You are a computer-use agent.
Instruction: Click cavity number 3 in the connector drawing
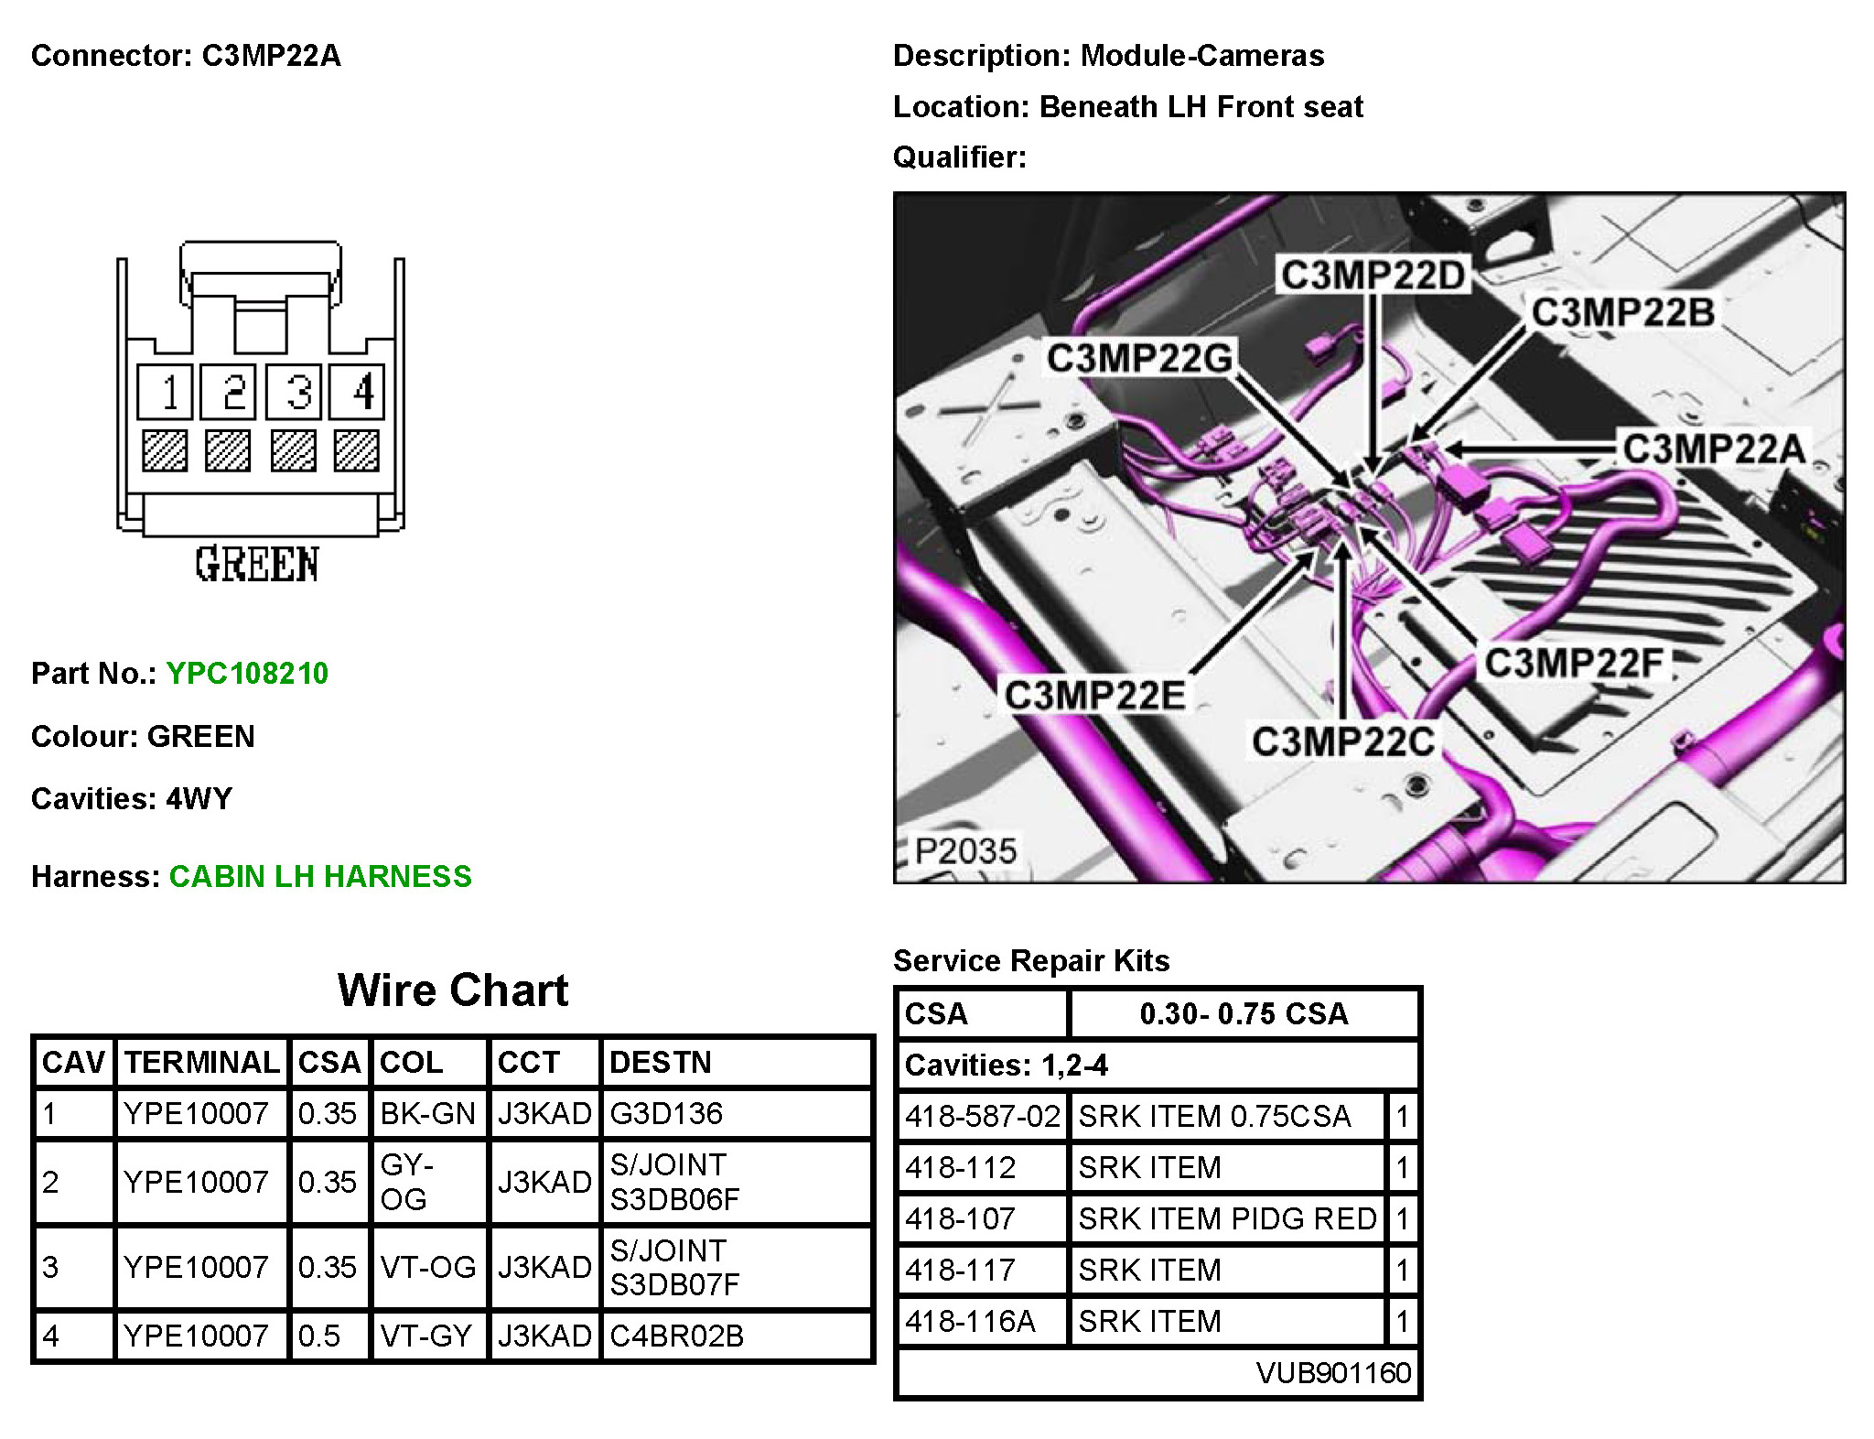click(x=294, y=392)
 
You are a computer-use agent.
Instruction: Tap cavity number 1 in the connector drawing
click(x=166, y=392)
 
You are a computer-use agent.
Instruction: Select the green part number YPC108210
click(x=247, y=674)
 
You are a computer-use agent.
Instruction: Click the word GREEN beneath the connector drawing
click(x=257, y=564)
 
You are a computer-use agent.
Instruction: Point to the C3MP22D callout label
click(x=1373, y=275)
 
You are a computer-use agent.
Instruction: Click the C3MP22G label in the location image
click(x=1140, y=358)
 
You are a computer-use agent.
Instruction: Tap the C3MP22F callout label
click(x=1573, y=663)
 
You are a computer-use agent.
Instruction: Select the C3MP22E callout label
click(x=1095, y=696)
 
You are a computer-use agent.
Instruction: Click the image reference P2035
click(x=966, y=850)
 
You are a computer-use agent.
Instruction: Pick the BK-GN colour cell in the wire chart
click(x=428, y=1114)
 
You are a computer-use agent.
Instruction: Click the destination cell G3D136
click(x=666, y=1114)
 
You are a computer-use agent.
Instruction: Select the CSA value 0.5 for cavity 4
click(x=319, y=1336)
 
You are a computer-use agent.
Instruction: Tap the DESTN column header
click(x=660, y=1062)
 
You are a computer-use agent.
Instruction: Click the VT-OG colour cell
click(x=428, y=1268)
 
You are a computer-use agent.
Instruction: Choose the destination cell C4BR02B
click(x=677, y=1336)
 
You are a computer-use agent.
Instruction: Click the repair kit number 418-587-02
click(x=982, y=1117)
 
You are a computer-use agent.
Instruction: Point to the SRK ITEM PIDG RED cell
click(x=1227, y=1219)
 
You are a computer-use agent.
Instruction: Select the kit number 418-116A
click(x=971, y=1322)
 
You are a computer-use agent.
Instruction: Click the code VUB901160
click(x=1333, y=1373)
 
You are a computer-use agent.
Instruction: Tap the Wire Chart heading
click(x=453, y=990)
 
